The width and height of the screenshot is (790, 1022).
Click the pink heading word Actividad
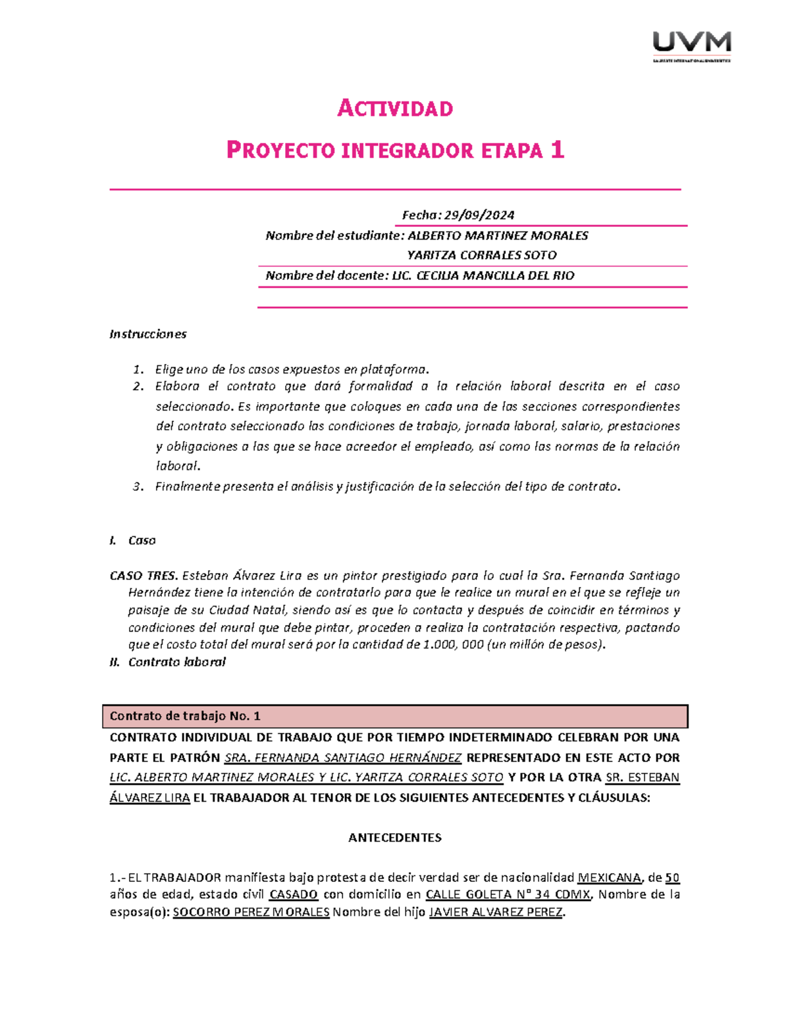395,109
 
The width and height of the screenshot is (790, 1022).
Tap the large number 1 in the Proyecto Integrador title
558,151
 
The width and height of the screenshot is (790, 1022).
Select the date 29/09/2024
479,215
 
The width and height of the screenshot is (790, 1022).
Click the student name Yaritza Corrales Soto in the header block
481,255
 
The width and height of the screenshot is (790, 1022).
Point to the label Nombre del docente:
327,276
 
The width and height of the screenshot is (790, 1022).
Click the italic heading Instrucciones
147,334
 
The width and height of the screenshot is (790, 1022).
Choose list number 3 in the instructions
137,487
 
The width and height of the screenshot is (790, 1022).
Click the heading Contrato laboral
176,662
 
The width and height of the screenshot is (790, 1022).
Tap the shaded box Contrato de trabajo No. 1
395,716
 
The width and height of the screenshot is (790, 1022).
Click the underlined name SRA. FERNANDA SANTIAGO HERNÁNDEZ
343,757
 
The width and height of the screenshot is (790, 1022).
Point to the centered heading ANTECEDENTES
394,838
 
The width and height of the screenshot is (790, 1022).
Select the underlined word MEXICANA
609,878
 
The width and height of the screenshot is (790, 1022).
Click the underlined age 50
672,878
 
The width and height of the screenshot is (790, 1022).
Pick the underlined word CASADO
294,895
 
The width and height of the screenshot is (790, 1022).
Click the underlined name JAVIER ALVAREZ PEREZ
496,912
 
